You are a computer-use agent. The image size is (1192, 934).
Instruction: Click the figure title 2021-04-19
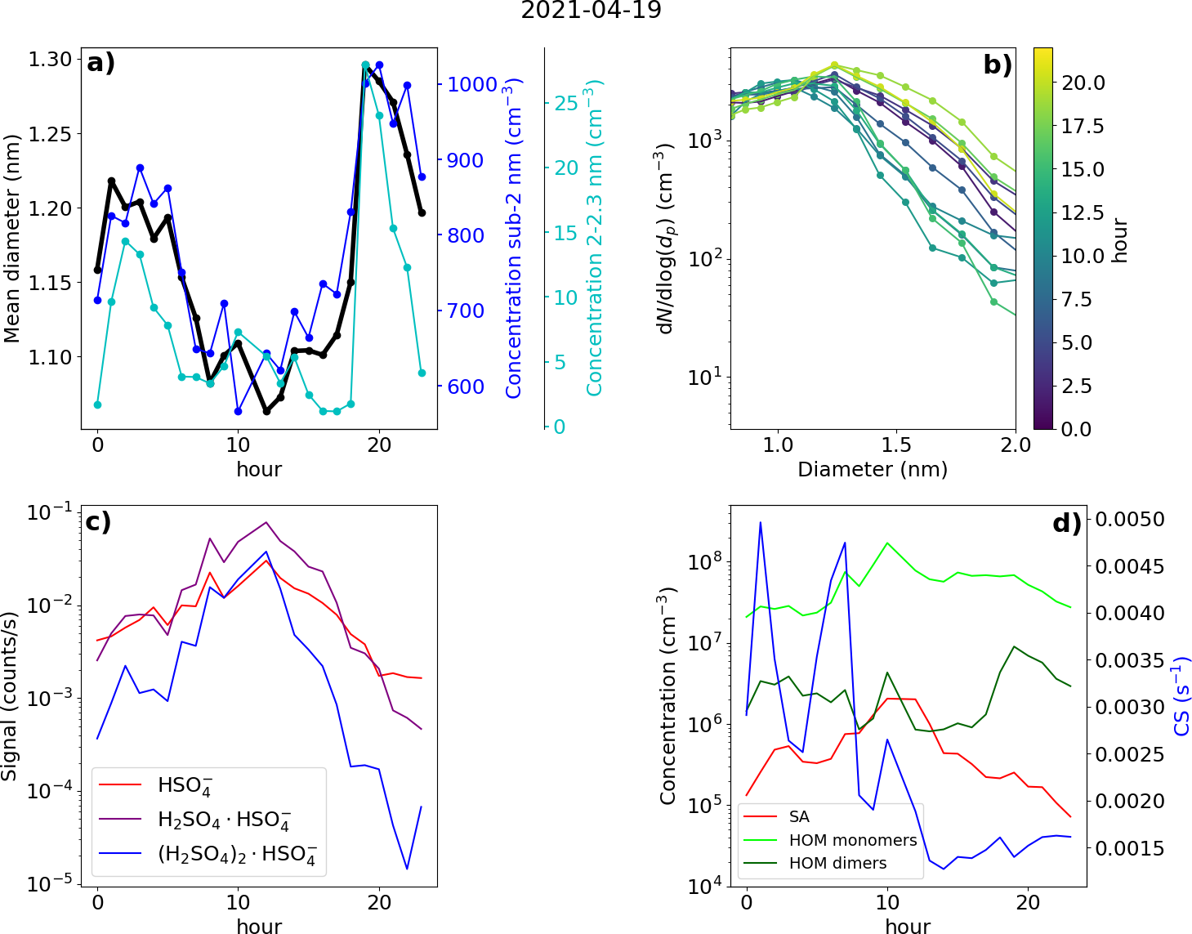pyautogui.click(x=591, y=11)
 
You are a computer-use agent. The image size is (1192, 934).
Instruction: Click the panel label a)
pyautogui.click(x=101, y=62)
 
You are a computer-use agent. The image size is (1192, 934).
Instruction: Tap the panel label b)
pyautogui.click(x=998, y=64)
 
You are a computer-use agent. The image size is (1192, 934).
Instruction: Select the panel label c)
pyautogui.click(x=99, y=521)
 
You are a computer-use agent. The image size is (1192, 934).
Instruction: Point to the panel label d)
pyautogui.click(x=1066, y=522)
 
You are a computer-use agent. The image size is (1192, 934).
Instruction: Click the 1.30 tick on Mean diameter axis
pyautogui.click(x=50, y=60)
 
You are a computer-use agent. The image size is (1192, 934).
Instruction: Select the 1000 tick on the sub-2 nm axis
pyautogui.click(x=472, y=85)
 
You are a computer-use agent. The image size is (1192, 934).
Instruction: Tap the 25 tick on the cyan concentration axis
pyautogui.click(x=566, y=104)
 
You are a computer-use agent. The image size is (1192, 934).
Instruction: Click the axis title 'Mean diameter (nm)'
pyautogui.click(x=11, y=238)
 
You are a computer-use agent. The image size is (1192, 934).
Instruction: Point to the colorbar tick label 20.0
pyautogui.click(x=1083, y=83)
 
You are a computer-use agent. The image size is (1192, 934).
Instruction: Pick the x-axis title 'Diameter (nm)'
pyautogui.click(x=873, y=470)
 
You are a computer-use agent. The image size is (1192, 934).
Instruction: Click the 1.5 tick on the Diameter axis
pyautogui.click(x=896, y=445)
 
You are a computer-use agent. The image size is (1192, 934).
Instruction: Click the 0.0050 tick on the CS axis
pyautogui.click(x=1130, y=520)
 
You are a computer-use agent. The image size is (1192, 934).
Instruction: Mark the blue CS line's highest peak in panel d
pyautogui.click(x=761, y=523)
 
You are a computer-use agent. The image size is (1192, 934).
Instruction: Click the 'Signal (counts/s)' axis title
pyautogui.click(x=10, y=695)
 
